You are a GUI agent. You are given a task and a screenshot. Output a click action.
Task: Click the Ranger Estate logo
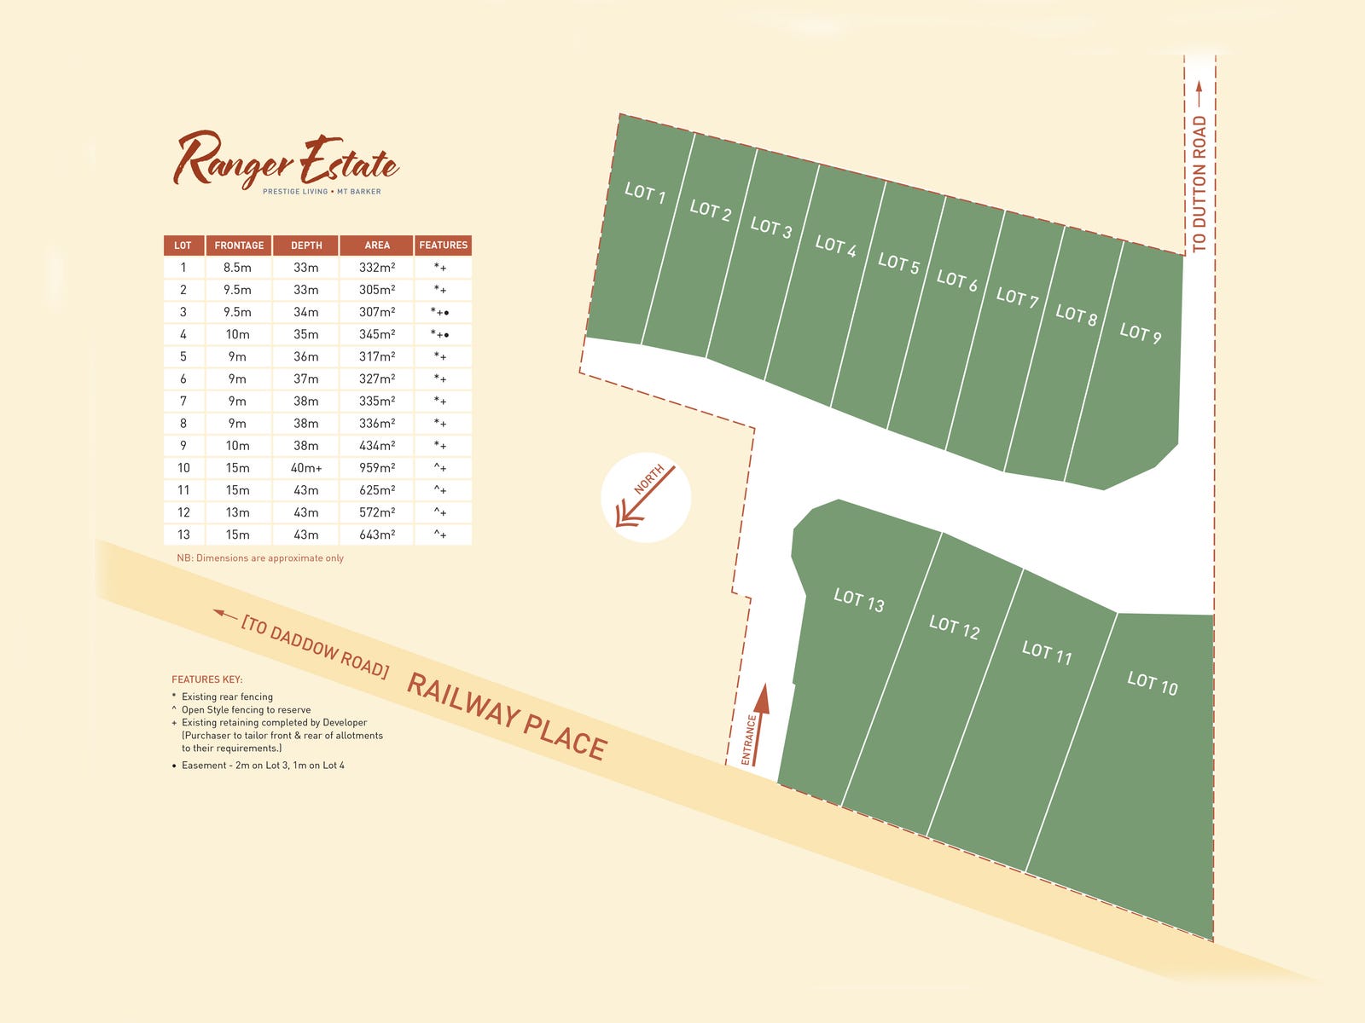[287, 162]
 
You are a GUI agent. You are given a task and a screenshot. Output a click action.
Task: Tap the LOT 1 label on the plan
[645, 193]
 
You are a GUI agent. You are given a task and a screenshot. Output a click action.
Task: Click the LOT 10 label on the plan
[1152, 683]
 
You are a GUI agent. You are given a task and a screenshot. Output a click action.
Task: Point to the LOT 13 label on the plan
[858, 600]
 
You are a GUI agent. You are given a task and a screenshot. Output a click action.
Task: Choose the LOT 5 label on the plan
[898, 264]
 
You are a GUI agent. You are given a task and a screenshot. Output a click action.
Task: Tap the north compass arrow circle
[646, 498]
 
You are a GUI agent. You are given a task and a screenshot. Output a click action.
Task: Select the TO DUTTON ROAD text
[1199, 183]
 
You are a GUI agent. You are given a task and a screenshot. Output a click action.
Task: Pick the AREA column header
[377, 246]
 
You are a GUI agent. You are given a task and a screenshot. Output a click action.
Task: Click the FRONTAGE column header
[239, 246]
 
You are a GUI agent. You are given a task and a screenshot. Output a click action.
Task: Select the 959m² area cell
[377, 468]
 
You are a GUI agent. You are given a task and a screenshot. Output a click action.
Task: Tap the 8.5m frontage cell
[238, 268]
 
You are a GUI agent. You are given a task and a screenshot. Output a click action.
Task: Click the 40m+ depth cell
[306, 468]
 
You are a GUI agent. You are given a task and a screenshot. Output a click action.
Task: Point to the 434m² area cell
[377, 446]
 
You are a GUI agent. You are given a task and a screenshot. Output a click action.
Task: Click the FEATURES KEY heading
[207, 679]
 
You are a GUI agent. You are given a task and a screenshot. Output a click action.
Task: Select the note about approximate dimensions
[260, 558]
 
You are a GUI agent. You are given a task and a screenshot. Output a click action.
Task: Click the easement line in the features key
[263, 766]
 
